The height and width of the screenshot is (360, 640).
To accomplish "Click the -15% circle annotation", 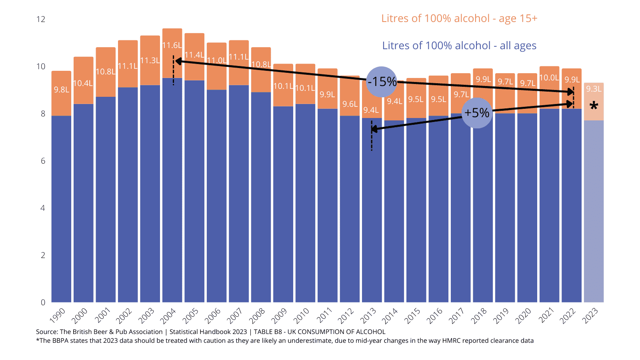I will (x=382, y=82).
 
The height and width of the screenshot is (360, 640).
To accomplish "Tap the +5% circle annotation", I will (x=477, y=113).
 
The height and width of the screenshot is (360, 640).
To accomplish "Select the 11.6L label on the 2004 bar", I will (x=172, y=46).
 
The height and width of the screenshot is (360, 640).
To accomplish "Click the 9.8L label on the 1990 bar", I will (x=62, y=90).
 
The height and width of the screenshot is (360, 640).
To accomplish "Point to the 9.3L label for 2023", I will (x=594, y=89).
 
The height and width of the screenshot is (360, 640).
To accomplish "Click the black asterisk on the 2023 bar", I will (x=594, y=106).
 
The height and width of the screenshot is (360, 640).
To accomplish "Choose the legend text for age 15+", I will (x=459, y=18).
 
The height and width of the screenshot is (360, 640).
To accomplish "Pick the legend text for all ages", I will (x=459, y=46).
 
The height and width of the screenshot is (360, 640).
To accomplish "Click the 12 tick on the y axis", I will (x=41, y=19).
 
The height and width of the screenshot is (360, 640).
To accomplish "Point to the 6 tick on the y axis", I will (x=43, y=161).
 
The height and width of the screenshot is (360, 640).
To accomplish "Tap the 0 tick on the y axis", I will (x=43, y=302).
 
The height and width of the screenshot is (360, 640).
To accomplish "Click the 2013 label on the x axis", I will (x=368, y=316).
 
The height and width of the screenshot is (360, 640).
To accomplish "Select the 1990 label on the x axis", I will (x=58, y=316).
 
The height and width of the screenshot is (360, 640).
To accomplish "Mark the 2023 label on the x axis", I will (x=590, y=316).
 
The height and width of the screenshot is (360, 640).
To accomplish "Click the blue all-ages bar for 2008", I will (x=261, y=200).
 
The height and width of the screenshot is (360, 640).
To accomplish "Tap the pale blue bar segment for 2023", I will (x=594, y=212).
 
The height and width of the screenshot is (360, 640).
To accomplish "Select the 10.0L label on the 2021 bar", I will (x=549, y=78).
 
